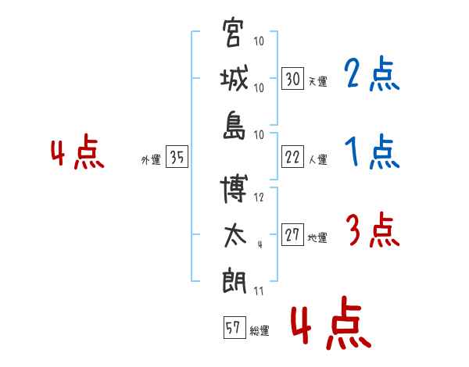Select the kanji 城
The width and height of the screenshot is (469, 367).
point(234,78)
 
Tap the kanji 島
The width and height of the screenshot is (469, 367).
point(234,125)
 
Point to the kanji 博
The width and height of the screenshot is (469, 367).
point(234,188)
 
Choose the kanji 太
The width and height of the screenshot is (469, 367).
point(235,236)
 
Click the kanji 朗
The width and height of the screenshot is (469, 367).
point(234,281)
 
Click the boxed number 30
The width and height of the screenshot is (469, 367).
point(293,78)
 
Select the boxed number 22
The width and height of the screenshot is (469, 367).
point(293,157)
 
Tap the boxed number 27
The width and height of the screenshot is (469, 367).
point(293,234)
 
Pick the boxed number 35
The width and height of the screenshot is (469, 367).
point(177,156)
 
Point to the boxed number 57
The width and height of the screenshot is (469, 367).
point(234,327)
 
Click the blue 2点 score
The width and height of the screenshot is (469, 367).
point(372,74)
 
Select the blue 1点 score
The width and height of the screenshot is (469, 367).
point(372,151)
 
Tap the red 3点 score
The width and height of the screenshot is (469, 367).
point(373,230)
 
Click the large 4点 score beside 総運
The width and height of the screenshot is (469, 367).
point(331,322)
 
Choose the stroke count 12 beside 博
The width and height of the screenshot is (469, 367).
point(259,198)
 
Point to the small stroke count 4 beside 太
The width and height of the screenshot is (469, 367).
point(260,244)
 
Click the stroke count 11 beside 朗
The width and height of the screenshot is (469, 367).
point(259,291)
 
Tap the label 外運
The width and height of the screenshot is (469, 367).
point(151,160)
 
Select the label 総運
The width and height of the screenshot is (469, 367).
point(260,331)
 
